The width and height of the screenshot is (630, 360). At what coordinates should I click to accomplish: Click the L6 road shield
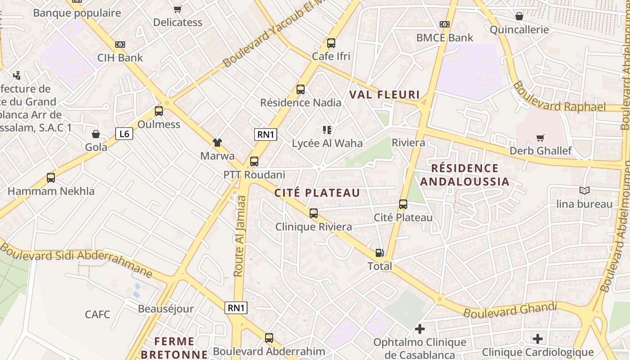coord(125,134)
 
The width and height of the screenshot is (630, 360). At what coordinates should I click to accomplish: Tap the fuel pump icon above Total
coord(380,253)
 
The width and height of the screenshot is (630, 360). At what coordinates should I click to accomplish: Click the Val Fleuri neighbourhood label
coord(384,95)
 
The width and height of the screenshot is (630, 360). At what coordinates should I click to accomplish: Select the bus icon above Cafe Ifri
coord(331,43)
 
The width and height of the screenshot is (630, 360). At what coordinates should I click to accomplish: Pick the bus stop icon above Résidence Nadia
coord(301,90)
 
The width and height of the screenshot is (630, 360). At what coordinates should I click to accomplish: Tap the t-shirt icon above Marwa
coord(217,143)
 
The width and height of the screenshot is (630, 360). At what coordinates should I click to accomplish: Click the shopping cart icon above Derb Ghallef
coord(540,138)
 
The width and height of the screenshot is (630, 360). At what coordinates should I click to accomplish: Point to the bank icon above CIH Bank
coord(120,45)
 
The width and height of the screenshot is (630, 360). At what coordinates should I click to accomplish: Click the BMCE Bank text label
coord(445,38)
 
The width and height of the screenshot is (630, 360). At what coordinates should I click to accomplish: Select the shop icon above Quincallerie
coord(519,17)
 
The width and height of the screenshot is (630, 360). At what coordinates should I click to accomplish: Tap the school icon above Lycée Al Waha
coord(327,130)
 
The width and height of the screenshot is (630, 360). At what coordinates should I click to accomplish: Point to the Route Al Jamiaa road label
coord(240,236)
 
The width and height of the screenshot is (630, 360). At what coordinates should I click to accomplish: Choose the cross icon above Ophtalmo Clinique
coord(420,329)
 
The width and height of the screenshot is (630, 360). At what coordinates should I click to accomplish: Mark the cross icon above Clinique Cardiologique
coord(538,338)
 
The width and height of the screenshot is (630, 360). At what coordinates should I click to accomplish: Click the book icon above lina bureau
coord(584,191)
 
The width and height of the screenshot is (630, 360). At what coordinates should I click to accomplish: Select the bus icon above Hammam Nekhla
coord(51,178)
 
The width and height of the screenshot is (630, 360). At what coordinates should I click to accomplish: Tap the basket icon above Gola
coord(96,134)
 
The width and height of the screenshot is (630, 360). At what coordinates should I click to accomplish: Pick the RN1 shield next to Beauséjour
coord(236,308)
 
